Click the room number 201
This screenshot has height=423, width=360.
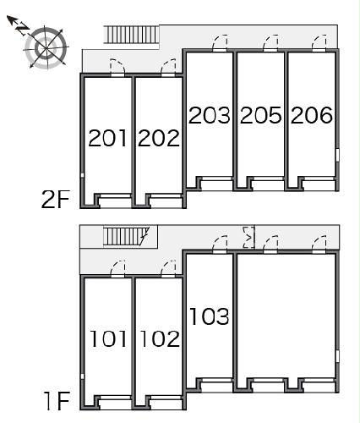tap(108, 138)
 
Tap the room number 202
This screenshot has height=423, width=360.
tap(159, 138)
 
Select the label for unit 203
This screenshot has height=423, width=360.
tap(210, 115)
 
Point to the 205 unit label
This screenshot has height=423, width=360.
tap(260, 115)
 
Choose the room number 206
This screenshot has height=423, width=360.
tap(312, 115)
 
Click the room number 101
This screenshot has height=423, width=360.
tap(108, 339)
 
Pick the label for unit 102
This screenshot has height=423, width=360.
tap(159, 339)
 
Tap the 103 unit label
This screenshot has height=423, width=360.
tap(210, 316)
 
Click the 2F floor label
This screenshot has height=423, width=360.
tap(55, 200)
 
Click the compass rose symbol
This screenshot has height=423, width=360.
tap(46, 47)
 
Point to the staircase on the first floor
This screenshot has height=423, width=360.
tap(125, 236)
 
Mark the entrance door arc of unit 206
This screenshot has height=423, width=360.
tap(319, 42)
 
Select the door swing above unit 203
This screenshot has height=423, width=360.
tap(220, 42)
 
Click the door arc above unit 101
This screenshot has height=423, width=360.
tap(119, 267)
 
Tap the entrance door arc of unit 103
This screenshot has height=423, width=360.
tap(220, 244)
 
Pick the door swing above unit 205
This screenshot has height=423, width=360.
tap(270, 42)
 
